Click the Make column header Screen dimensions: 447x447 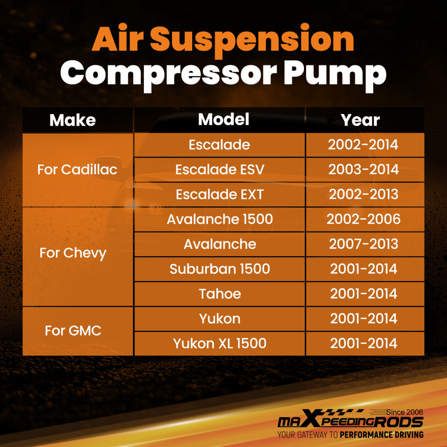point(72,120)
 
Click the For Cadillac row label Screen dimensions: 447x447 point(77,169)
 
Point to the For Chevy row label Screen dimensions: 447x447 point(73,253)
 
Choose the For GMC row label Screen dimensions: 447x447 point(73,331)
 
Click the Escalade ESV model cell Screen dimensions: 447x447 point(219,170)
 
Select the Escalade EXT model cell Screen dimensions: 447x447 point(219,195)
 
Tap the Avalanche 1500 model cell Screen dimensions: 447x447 point(219,219)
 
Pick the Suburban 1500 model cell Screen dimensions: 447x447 point(219,269)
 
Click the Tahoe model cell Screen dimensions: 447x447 point(219,294)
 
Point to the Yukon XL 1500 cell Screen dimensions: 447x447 point(219,343)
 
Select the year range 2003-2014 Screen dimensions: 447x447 point(363,170)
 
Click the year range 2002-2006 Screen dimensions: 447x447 point(363,219)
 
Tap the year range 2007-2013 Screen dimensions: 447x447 point(363,244)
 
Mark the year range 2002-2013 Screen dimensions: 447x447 point(363,195)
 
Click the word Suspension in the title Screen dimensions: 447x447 point(252,40)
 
